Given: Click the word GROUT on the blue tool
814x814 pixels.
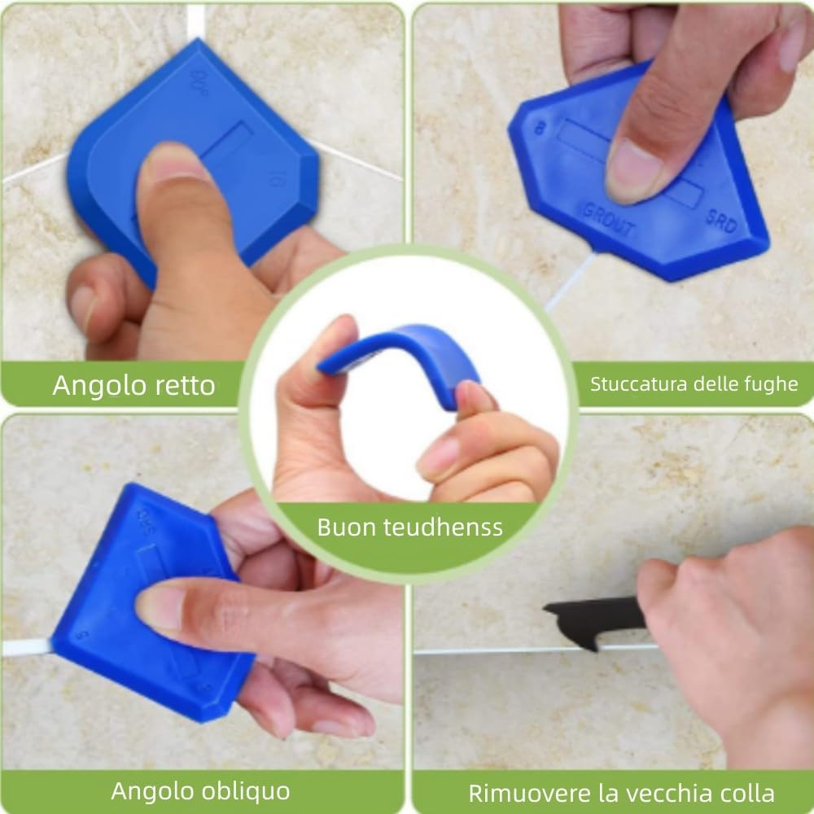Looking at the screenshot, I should click(608, 218).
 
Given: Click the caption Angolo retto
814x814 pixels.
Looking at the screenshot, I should click(133, 385).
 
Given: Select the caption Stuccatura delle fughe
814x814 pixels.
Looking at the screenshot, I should click(694, 384).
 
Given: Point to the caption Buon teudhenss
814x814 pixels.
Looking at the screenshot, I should click(409, 527).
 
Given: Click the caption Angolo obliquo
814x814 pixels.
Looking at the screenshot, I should click(200, 790).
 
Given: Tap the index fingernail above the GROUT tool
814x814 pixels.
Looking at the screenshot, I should click(630, 167).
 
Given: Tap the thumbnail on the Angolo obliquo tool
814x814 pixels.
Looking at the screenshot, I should click(159, 607).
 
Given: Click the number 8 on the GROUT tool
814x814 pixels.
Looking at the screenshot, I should click(538, 128).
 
